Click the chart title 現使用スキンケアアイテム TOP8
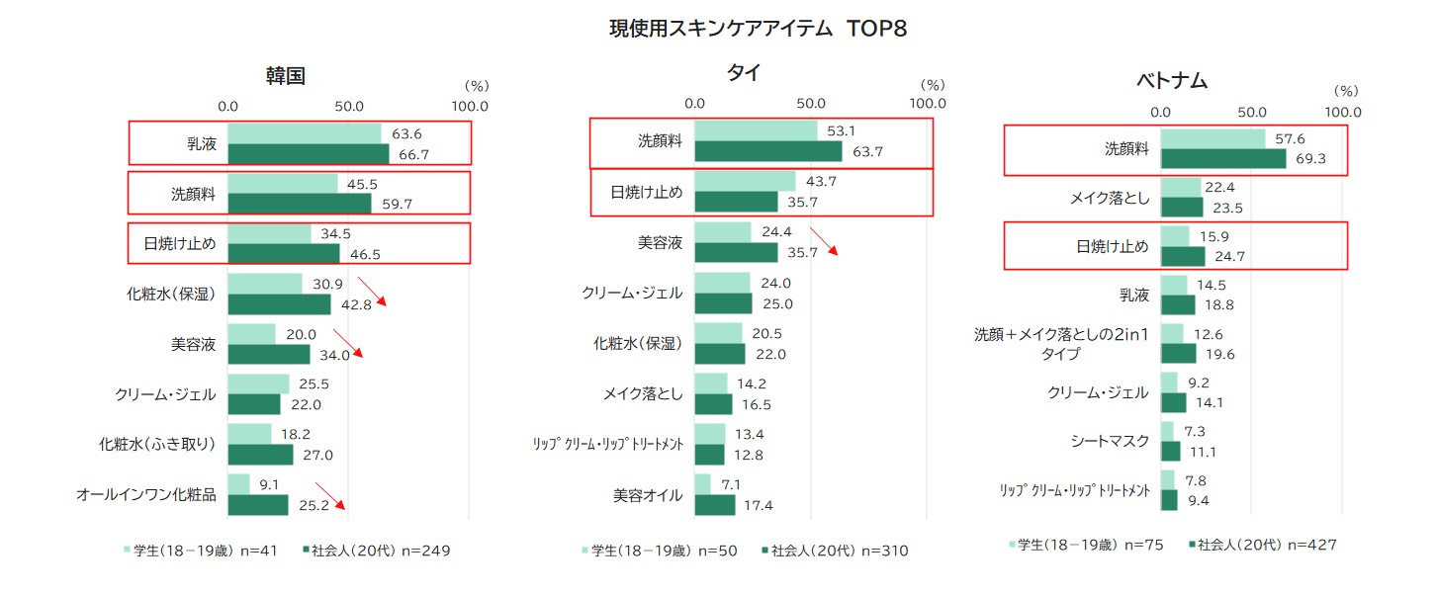tap(758, 29)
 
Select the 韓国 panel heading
tap(285, 76)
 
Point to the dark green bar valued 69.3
tap(1222, 159)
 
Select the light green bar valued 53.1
tap(756, 130)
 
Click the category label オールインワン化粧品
tap(146, 494)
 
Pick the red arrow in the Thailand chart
tap(824, 242)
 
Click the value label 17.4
tap(757, 506)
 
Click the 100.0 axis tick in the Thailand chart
tap(928, 103)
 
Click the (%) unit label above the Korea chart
tap(477, 87)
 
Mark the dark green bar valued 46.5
tap(284, 253)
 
